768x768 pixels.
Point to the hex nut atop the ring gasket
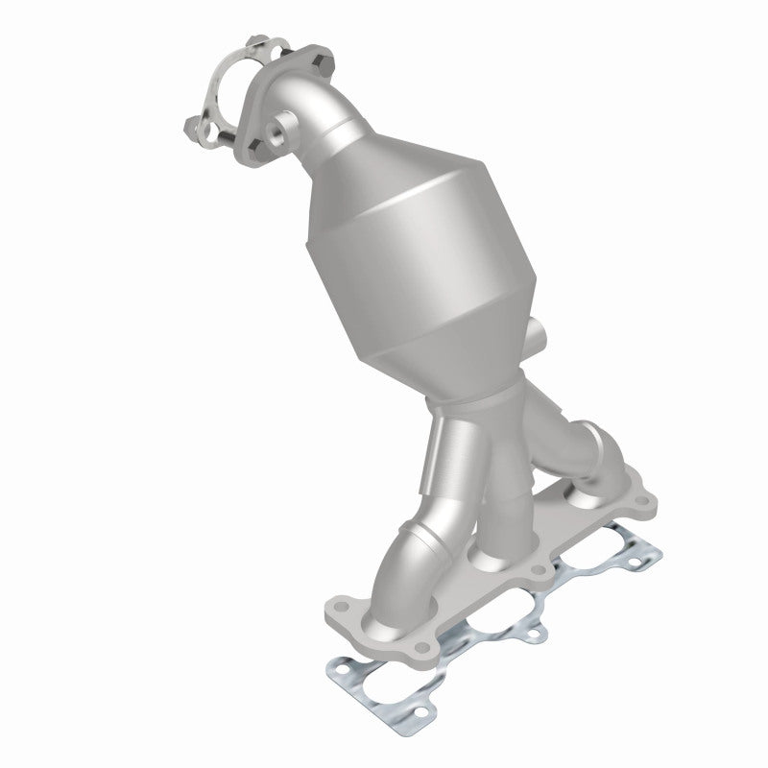click(x=256, y=41)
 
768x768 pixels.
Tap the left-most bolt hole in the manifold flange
click(x=338, y=605)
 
